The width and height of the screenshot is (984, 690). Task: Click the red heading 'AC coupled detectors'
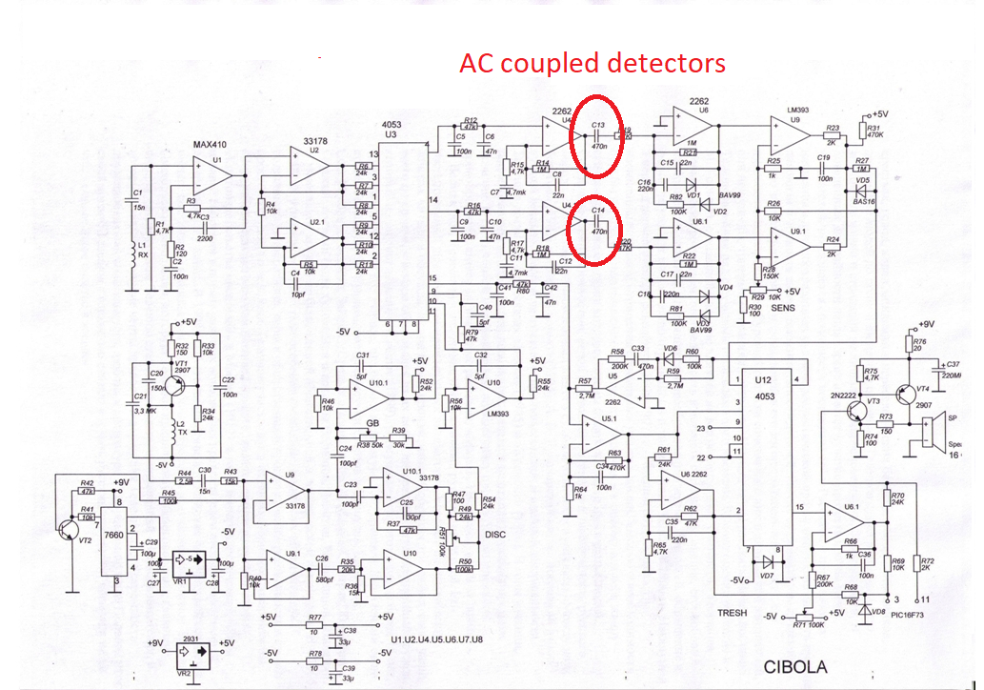tap(592, 64)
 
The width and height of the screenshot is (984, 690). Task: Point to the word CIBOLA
tap(794, 667)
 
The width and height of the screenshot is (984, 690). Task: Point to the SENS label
tap(783, 309)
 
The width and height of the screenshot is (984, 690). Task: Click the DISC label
tap(495, 535)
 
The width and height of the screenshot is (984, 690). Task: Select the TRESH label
tap(732, 613)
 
